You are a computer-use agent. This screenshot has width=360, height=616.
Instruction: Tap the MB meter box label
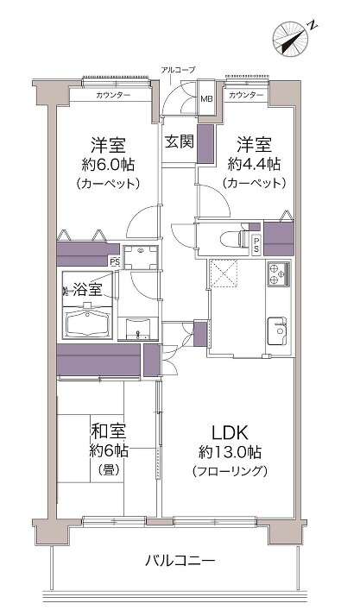point(206,98)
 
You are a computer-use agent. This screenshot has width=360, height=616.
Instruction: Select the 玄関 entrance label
point(180,141)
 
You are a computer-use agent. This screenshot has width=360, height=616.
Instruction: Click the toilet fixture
point(232,239)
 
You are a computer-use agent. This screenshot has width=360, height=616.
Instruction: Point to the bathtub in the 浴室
point(88,324)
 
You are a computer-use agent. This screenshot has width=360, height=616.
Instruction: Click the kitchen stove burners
point(279,273)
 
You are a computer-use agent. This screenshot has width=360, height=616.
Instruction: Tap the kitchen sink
point(279,330)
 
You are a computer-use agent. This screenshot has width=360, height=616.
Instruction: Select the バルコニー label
point(180,560)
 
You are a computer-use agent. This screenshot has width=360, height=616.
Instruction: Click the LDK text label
point(230,432)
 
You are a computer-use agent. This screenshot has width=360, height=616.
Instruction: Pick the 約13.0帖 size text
point(230,452)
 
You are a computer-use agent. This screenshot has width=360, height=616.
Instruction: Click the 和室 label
point(109,431)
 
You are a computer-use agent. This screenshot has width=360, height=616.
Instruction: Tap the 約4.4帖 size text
point(254,164)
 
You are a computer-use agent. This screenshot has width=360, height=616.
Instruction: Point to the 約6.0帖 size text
point(108,164)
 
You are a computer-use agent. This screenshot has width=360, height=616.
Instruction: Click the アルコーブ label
point(178,70)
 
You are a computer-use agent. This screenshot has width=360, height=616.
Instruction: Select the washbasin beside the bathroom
point(138,328)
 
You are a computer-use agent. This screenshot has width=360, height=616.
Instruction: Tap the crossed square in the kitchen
point(224,273)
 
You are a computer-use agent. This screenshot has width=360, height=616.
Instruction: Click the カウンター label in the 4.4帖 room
point(246,95)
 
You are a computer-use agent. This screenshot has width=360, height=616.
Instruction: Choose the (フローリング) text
point(231,471)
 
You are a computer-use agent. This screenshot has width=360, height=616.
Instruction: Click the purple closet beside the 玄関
point(205,144)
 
